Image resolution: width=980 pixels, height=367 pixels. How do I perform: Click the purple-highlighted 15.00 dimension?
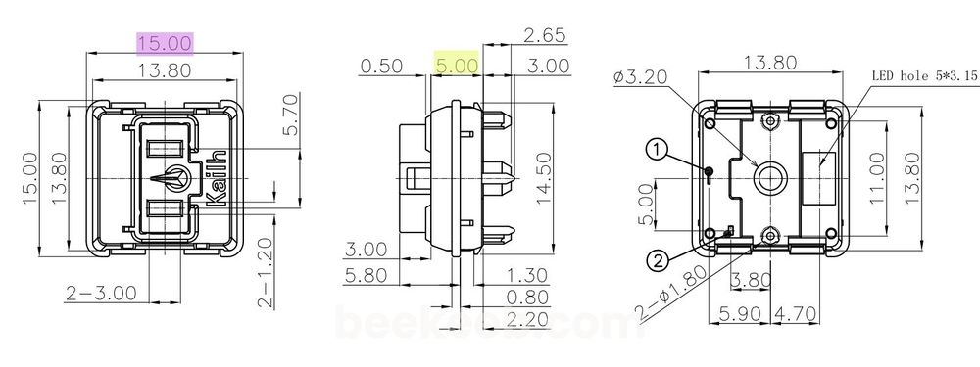(165, 42)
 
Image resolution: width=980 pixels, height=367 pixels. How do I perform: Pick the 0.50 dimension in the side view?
(382, 66)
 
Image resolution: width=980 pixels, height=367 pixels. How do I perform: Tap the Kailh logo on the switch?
(219, 176)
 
